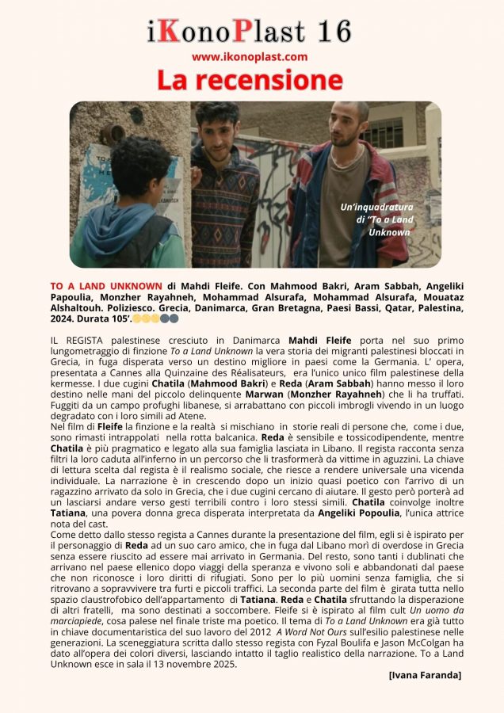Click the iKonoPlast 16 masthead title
click(x=249, y=31)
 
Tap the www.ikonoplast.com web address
click(x=249, y=57)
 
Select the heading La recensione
click(x=249, y=80)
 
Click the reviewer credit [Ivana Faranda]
click(x=425, y=675)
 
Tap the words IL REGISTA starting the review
click(x=77, y=339)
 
